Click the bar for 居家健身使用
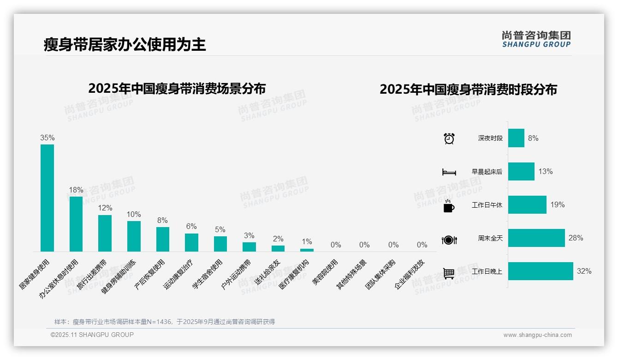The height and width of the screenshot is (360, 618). tap(47, 198)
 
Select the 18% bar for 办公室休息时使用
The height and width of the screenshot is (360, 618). tap(76, 224)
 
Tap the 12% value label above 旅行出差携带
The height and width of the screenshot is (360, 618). tap(105, 208)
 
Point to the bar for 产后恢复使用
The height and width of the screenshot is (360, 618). tap(162, 239)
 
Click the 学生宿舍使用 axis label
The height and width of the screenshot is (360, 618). tap(208, 274)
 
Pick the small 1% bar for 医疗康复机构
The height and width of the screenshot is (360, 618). tap(307, 250)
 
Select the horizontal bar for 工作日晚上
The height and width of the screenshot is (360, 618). tap(541, 271)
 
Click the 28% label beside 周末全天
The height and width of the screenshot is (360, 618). tap(576, 238)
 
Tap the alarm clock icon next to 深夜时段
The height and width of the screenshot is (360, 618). tap(449, 138)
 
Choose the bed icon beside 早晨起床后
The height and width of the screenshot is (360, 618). tap(449, 172)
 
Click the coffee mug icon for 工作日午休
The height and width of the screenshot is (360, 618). tap(449, 206)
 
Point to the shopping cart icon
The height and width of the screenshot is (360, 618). tap(449, 273)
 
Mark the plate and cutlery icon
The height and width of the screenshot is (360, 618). tap(449, 240)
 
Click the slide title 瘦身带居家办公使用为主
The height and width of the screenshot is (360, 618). tap(125, 44)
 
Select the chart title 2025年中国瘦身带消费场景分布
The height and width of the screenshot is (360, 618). tap(177, 88)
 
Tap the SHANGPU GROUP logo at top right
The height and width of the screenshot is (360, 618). tap(536, 39)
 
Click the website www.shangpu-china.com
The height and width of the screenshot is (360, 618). tap(537, 335)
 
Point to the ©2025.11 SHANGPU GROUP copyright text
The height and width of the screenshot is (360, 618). tap(92, 335)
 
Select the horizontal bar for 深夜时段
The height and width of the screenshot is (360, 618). tap(516, 138)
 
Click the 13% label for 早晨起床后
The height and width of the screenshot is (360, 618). tap(545, 172)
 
